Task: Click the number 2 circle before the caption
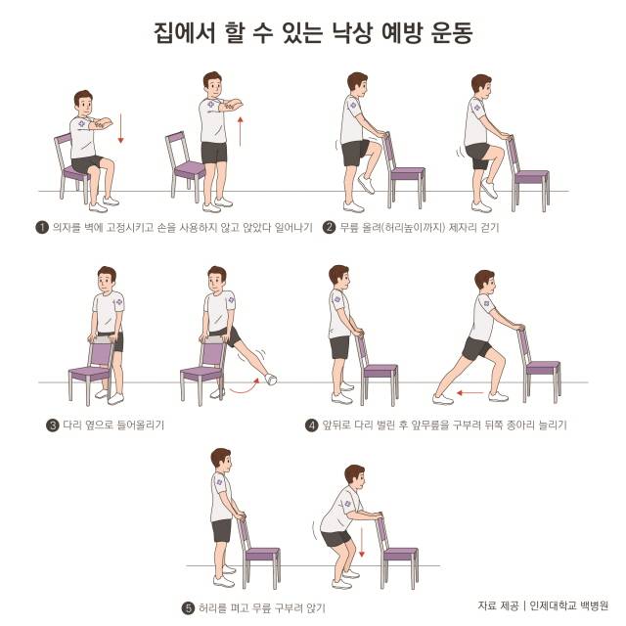coord(330,227)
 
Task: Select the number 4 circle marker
coord(312,425)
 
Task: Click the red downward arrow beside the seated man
coord(121,128)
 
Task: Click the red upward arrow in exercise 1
coord(241,128)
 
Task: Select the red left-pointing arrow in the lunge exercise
coord(474,394)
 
